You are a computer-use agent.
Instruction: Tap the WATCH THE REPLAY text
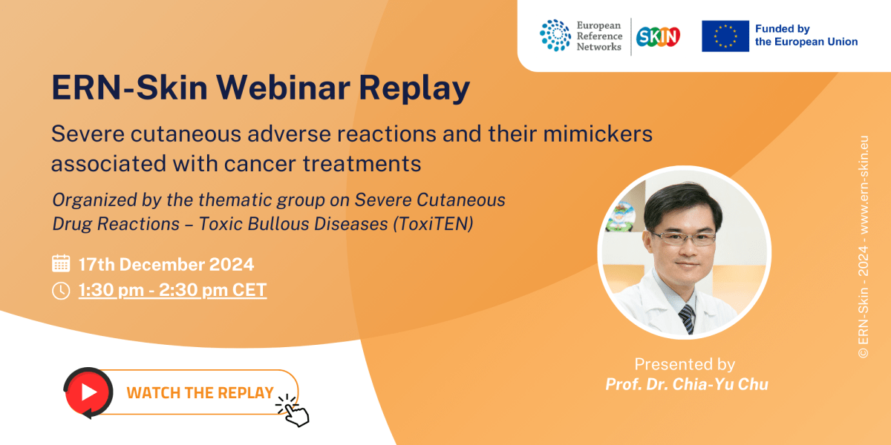pyautogui.click(x=200, y=393)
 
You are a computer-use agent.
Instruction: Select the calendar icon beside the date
pyautogui.click(x=61, y=263)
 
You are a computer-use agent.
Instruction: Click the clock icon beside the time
pyautogui.click(x=61, y=290)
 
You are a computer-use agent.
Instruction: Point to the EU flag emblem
pyautogui.click(x=725, y=36)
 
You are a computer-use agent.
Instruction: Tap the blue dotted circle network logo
pyautogui.click(x=555, y=36)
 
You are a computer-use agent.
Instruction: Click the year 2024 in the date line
pyautogui.click(x=229, y=264)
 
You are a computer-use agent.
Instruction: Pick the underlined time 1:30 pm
pyautogui.click(x=111, y=290)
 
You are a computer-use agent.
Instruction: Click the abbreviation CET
pyautogui.click(x=249, y=290)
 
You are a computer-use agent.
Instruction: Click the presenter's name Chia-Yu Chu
pyautogui.click(x=716, y=383)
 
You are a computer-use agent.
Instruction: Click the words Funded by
pyautogui.click(x=782, y=29)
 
